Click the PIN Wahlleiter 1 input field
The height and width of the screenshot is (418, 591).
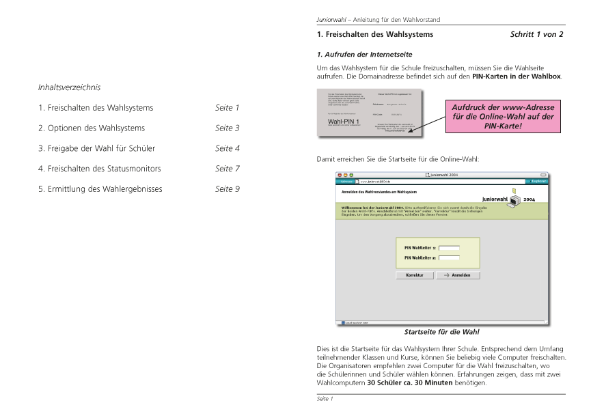tap(449, 248)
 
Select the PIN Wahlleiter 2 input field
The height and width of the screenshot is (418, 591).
tap(449, 257)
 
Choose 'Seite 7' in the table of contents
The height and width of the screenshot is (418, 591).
tap(228, 168)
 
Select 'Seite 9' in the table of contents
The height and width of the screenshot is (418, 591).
tap(228, 189)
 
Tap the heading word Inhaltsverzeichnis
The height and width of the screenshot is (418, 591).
tap(70, 87)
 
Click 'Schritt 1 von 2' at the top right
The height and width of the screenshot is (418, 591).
tap(536, 33)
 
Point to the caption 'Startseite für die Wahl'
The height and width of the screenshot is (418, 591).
tap(441, 332)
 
